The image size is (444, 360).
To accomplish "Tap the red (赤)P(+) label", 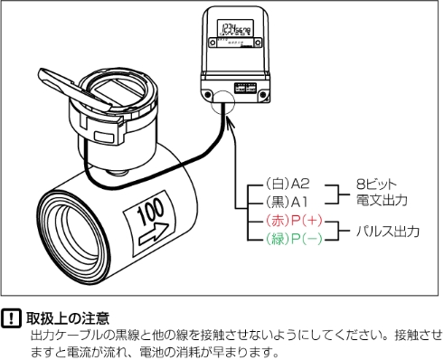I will click(292, 221).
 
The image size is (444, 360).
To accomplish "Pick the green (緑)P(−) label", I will click(292, 240).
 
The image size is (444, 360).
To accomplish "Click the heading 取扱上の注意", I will click(69, 318).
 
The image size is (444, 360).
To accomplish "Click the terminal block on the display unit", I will click(245, 88).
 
